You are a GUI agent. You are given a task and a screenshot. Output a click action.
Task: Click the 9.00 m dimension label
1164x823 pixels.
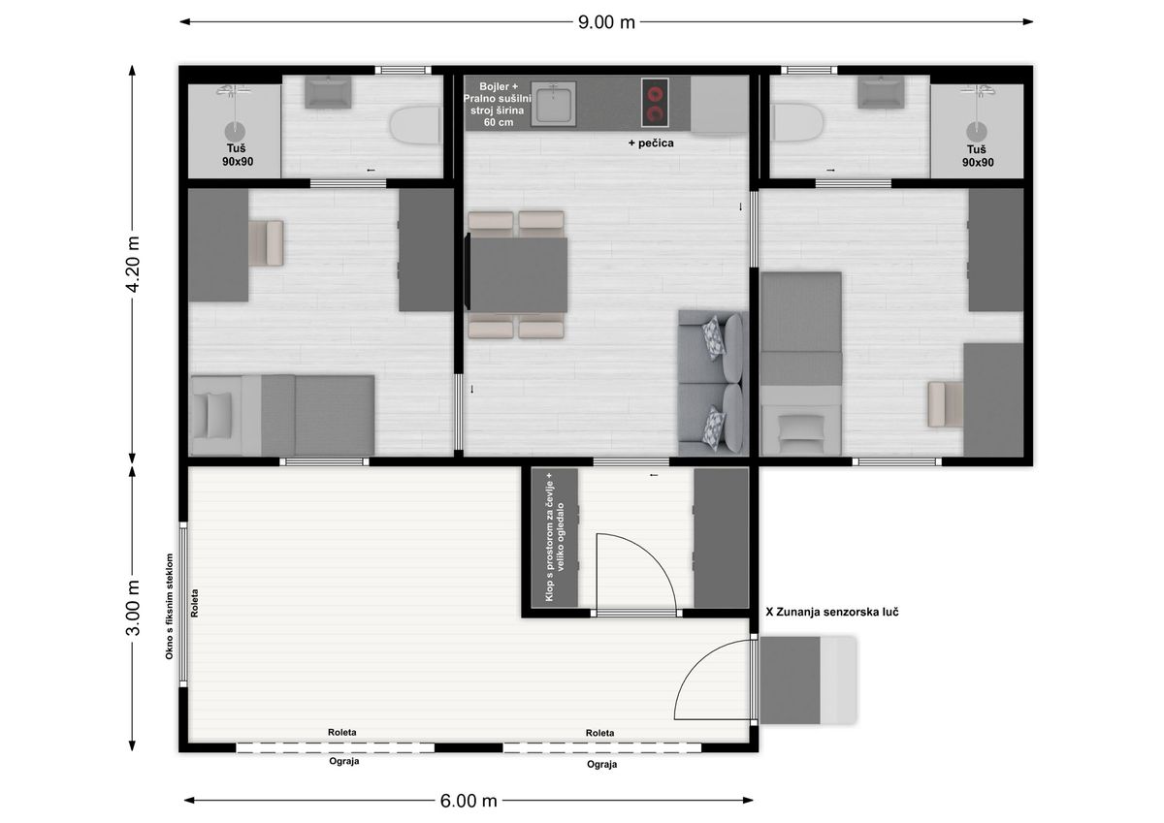click(606, 22)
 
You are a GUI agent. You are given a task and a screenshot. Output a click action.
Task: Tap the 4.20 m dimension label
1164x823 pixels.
click(134, 265)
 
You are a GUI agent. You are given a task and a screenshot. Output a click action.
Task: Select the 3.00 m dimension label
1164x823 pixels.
click(134, 608)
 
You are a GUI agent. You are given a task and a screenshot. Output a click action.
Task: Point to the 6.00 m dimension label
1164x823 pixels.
click(469, 801)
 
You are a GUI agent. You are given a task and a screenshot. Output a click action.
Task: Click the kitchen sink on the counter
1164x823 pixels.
click(554, 104)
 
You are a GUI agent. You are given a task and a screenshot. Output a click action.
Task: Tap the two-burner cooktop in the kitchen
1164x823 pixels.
click(655, 103)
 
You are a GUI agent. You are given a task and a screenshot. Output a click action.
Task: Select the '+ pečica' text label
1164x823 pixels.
click(651, 142)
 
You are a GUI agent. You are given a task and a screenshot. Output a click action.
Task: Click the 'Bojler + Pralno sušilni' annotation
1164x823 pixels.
click(498, 92)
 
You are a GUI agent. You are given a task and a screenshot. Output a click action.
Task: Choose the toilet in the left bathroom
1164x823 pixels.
click(416, 125)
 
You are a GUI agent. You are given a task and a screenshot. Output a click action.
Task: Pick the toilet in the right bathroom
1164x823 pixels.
click(797, 122)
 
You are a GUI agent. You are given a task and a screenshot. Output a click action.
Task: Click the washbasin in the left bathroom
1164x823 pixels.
click(328, 92)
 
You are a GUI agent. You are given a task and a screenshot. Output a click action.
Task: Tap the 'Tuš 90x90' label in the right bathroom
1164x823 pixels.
click(977, 156)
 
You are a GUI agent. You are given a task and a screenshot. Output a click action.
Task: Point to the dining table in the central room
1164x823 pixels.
click(518, 274)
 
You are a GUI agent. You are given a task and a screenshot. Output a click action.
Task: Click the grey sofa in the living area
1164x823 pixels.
click(713, 383)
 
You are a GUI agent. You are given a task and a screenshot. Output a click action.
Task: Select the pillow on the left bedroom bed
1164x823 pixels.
click(219, 416)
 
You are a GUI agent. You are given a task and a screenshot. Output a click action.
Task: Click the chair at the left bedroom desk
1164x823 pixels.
click(266, 243)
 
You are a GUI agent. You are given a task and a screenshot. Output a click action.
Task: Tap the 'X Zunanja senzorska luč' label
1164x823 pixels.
click(832, 613)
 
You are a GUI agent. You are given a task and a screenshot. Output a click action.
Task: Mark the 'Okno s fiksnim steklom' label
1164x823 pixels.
click(170, 607)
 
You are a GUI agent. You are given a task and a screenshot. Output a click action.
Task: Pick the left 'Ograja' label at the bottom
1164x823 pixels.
click(344, 762)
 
